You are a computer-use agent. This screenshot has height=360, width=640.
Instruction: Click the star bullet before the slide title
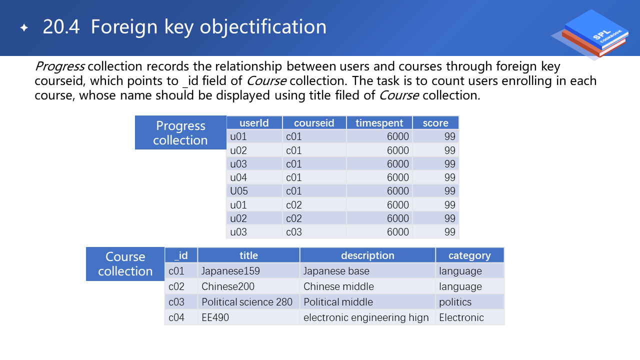[x=24, y=27]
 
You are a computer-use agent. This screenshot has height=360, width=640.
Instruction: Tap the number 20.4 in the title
[x=61, y=27]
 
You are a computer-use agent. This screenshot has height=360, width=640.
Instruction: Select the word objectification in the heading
[x=263, y=27]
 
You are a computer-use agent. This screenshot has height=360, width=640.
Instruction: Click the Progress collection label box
[x=180, y=132]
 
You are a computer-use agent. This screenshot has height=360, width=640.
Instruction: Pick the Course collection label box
[x=125, y=264]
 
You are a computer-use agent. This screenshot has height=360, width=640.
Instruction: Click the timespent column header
[x=379, y=123]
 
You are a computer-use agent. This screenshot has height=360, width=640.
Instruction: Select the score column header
[x=435, y=123]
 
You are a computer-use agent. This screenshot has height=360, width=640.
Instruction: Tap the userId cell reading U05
[x=254, y=191]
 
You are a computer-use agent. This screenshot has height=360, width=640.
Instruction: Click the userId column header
[x=254, y=123]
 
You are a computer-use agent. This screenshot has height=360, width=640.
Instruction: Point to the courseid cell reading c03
[x=314, y=232]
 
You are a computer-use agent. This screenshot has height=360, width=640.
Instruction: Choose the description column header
[x=367, y=255]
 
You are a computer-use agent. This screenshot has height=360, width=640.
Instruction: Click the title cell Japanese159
[x=248, y=271]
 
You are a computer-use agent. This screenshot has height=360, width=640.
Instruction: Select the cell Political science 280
[x=248, y=302]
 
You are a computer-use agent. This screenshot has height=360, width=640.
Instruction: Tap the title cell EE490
[x=248, y=317]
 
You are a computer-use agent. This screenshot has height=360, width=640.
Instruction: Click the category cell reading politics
[x=469, y=302]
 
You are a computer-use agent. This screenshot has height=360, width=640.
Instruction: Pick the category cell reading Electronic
[x=469, y=317]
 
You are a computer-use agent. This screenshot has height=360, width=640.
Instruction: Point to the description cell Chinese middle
[x=367, y=286]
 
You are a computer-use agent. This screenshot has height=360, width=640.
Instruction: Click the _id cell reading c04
[x=181, y=317]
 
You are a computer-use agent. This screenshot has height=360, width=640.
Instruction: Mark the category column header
[x=469, y=255]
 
